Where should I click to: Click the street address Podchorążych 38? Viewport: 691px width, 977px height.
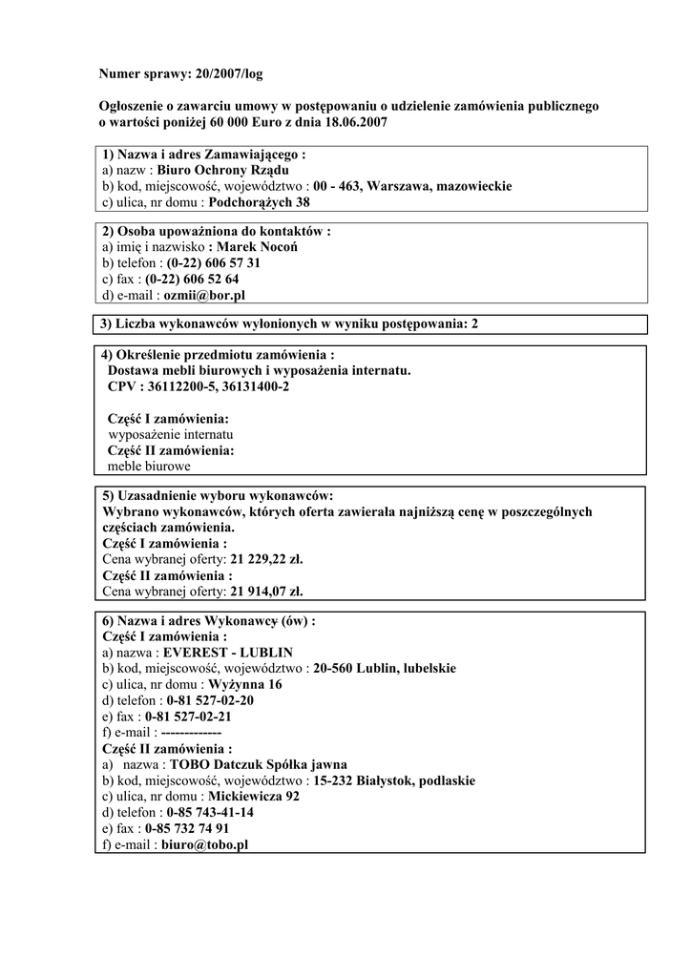(x=260, y=202)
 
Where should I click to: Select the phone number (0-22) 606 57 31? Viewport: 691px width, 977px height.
(x=214, y=263)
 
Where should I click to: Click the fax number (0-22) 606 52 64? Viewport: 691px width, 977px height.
(x=192, y=280)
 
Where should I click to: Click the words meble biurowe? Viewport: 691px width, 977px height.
(x=149, y=467)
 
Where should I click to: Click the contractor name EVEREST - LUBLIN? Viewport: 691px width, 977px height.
(x=228, y=653)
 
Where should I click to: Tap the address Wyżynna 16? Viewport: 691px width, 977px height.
(x=245, y=684)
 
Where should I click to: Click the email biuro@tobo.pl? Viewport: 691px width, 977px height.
(x=204, y=845)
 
